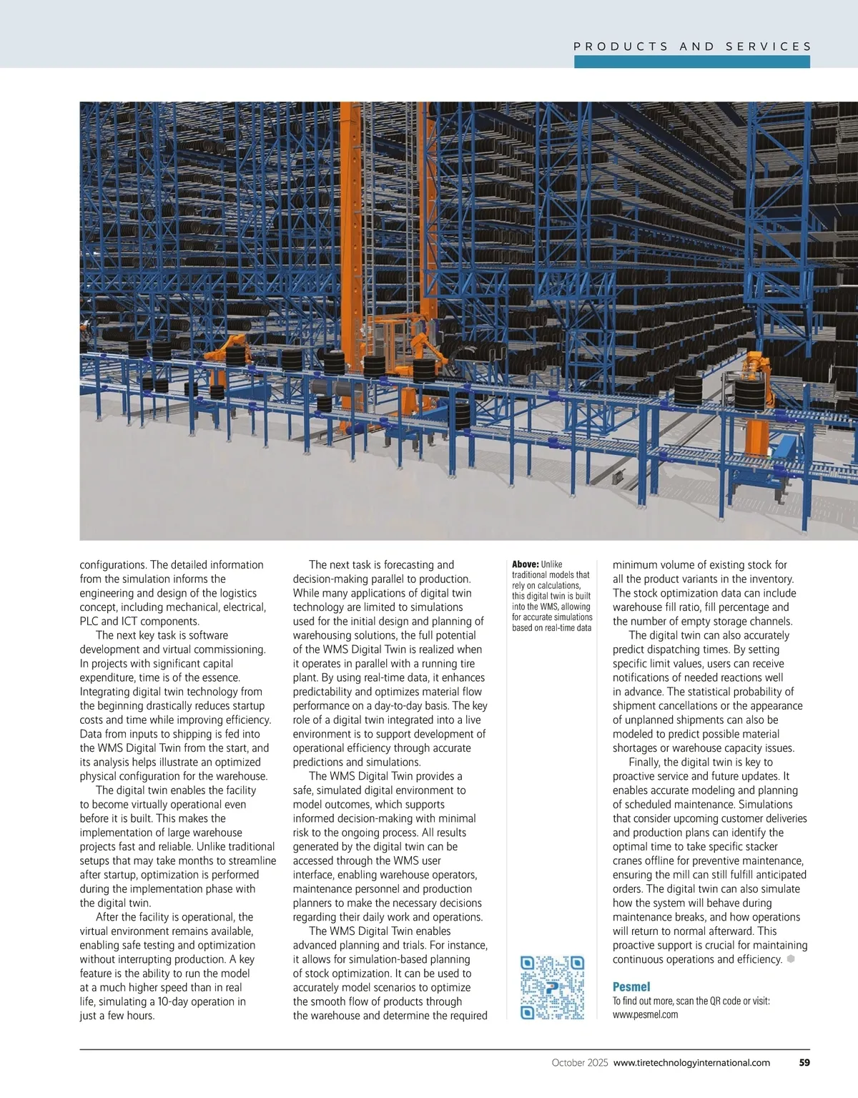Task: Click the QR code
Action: coord(552,987)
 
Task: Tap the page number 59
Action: coord(804,1063)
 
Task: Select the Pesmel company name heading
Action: coord(631,987)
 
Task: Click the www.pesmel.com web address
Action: coord(645,1014)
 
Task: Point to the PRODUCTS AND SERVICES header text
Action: coord(692,46)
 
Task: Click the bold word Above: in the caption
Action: coord(526,564)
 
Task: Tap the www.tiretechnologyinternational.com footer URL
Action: coord(691,1063)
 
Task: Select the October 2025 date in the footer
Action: coord(580,1063)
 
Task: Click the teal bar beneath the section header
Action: coord(691,62)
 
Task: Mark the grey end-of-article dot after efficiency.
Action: coord(791,959)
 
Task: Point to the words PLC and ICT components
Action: coord(139,621)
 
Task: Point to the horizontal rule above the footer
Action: coord(443,1049)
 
